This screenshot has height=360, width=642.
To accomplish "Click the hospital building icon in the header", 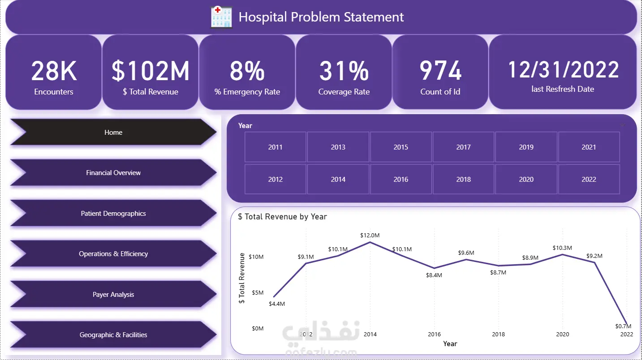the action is [x=221, y=17].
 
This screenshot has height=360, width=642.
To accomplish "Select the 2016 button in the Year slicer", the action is [x=401, y=179].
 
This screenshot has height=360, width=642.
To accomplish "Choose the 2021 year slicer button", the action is [x=589, y=147].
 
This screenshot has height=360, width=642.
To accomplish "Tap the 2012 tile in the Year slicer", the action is [x=275, y=179].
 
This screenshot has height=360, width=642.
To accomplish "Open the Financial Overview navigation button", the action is [x=113, y=173].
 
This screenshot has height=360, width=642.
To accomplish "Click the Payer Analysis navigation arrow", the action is [x=113, y=295].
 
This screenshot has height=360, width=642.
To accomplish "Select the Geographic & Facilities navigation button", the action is [x=113, y=335].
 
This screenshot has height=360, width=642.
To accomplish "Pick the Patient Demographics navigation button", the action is [x=113, y=214].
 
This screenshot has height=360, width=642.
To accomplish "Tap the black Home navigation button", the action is [x=113, y=133].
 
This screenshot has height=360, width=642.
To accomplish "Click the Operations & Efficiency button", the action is [x=113, y=254].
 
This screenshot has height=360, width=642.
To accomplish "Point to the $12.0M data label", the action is [x=370, y=236].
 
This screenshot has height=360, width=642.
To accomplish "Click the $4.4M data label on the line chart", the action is [x=277, y=304].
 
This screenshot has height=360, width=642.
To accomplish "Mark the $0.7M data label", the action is [x=623, y=326].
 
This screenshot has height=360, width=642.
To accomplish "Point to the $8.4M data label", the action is [x=434, y=275].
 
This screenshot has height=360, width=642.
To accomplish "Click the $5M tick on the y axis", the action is [x=258, y=293].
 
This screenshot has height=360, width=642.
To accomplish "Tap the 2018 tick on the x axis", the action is [x=498, y=334].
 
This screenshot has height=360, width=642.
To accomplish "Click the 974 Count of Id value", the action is [x=440, y=70].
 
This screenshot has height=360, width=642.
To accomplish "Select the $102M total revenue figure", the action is [x=150, y=70].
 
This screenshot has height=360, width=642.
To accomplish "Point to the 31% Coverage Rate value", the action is [x=344, y=70].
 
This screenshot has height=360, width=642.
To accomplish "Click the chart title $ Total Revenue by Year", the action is [x=282, y=217].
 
